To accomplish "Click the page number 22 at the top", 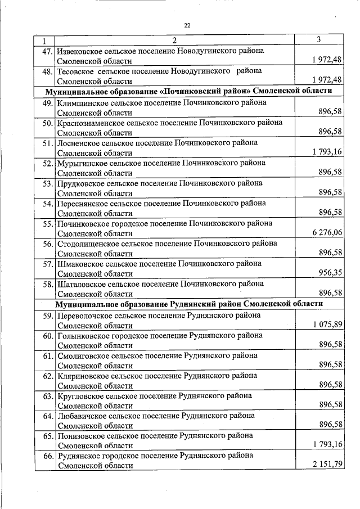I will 187,25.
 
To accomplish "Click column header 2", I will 174,40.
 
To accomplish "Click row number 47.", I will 46,51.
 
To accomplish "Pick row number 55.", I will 46,224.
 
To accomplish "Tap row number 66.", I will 46,456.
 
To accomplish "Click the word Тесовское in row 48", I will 75,71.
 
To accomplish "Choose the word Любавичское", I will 80,416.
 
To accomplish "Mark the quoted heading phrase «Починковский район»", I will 204,91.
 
